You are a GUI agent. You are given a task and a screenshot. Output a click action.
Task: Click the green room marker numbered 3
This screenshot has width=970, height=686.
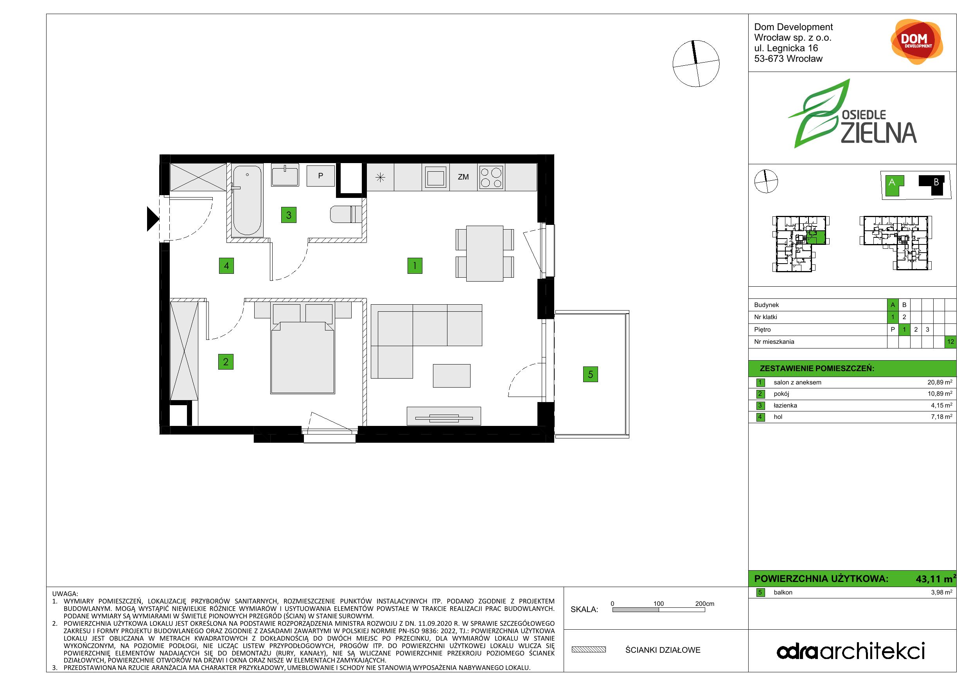pyautogui.click(x=289, y=215)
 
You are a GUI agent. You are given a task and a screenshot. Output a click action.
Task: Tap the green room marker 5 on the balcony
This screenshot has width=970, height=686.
pyautogui.click(x=590, y=374)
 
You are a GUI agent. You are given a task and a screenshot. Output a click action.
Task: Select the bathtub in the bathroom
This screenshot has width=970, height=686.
pyautogui.click(x=247, y=200)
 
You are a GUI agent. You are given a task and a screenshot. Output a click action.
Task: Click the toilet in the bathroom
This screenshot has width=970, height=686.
pyautogui.click(x=346, y=214)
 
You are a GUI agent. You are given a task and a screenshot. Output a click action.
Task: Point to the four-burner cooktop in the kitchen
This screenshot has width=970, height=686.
pyautogui.click(x=491, y=178)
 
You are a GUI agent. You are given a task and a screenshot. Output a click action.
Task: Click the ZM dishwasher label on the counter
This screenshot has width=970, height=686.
pyautogui.click(x=463, y=177)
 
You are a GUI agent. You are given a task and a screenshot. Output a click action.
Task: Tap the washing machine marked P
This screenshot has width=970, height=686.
pyautogui.click(x=320, y=176)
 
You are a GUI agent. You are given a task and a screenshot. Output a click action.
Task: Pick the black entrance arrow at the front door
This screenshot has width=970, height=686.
pyautogui.click(x=153, y=219)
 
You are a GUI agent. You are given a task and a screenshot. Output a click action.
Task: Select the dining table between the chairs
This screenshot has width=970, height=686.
pyautogui.click(x=485, y=253)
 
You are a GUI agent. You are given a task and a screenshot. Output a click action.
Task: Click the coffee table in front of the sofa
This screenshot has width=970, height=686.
pyautogui.click(x=452, y=376)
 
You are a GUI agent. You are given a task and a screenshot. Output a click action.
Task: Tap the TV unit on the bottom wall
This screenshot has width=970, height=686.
pyautogui.click(x=444, y=416)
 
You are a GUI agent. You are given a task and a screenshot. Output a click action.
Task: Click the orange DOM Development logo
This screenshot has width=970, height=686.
pyautogui.click(x=916, y=42)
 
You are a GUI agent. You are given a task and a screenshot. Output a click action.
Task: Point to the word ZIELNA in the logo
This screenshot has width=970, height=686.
pyautogui.click(x=878, y=133)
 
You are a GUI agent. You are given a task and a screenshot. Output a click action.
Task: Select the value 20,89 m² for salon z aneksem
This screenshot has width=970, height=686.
pyautogui.click(x=939, y=382)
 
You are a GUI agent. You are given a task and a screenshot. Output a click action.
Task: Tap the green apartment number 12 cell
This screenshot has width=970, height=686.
pyautogui.click(x=950, y=342)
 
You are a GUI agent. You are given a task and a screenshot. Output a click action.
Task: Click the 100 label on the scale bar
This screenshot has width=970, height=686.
pyautogui.click(x=659, y=603)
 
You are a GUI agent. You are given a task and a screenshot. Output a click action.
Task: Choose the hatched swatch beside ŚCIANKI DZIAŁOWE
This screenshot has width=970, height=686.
pyautogui.click(x=589, y=650)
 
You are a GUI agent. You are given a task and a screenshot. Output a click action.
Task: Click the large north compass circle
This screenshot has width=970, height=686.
pyautogui.click(x=696, y=64)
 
